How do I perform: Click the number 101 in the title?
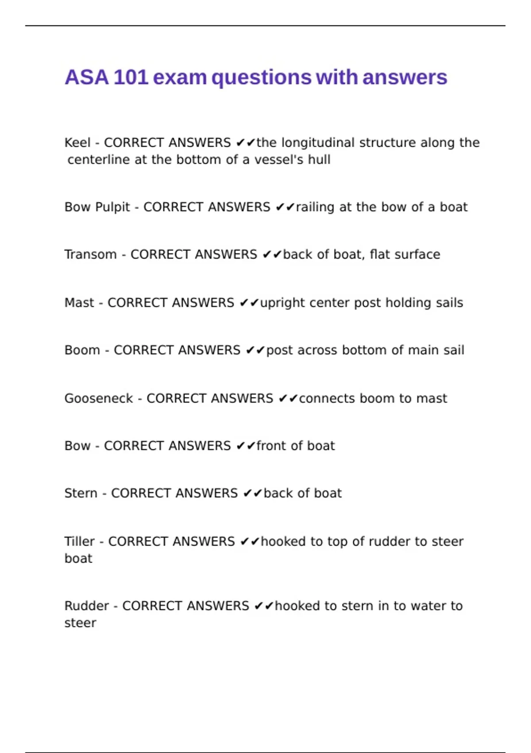coord(131,78)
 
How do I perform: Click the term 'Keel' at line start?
coord(77,143)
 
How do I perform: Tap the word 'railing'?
coord(315,207)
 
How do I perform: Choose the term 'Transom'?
coord(91,254)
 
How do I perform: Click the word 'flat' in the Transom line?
coord(379,254)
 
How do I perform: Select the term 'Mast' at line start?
coord(79,303)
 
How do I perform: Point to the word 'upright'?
coord(282,303)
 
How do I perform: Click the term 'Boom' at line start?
coord(82,350)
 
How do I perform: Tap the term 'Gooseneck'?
coord(99,398)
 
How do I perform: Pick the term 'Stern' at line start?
coord(81,493)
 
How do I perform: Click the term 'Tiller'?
coord(79,541)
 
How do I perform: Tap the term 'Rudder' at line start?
coord(86,606)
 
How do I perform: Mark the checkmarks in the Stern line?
coord(253,493)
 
